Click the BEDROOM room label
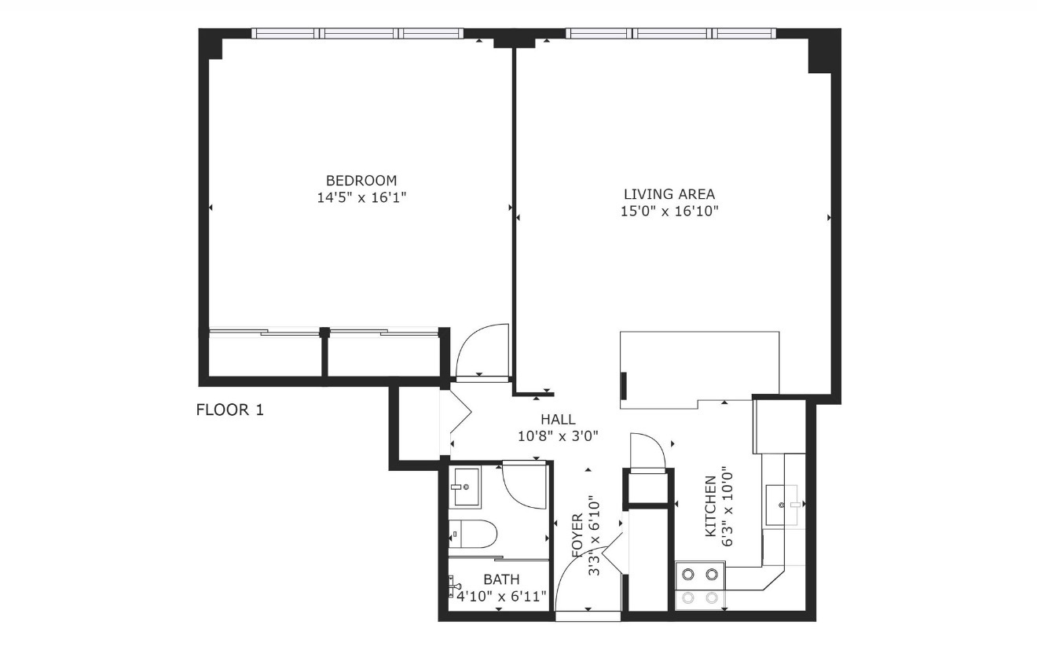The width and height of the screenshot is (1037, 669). click(361, 180)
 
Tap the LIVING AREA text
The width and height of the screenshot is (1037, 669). click(669, 193)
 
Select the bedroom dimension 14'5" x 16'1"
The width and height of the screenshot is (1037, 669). click(361, 198)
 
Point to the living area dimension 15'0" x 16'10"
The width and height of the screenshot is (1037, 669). click(669, 211)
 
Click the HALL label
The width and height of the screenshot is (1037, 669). click(558, 419)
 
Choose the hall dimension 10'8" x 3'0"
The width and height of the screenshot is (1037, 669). click(558, 436)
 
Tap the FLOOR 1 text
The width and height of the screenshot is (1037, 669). click(229, 410)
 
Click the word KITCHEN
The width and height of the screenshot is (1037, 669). click(710, 505)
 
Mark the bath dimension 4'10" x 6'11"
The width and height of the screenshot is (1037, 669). click(501, 596)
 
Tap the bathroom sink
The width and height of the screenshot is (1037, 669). click(465, 487)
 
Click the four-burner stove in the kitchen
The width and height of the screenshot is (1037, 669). click(701, 586)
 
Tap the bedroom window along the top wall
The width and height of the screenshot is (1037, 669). click(357, 34)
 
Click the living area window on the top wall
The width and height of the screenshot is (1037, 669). click(670, 34)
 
